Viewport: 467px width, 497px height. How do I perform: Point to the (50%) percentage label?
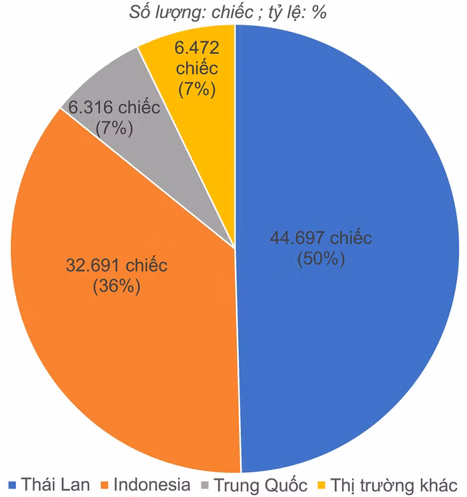click(x=322, y=258)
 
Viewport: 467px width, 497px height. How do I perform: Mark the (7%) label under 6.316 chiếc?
click(x=114, y=129)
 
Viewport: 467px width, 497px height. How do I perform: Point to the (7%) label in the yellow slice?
click(x=195, y=89)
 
